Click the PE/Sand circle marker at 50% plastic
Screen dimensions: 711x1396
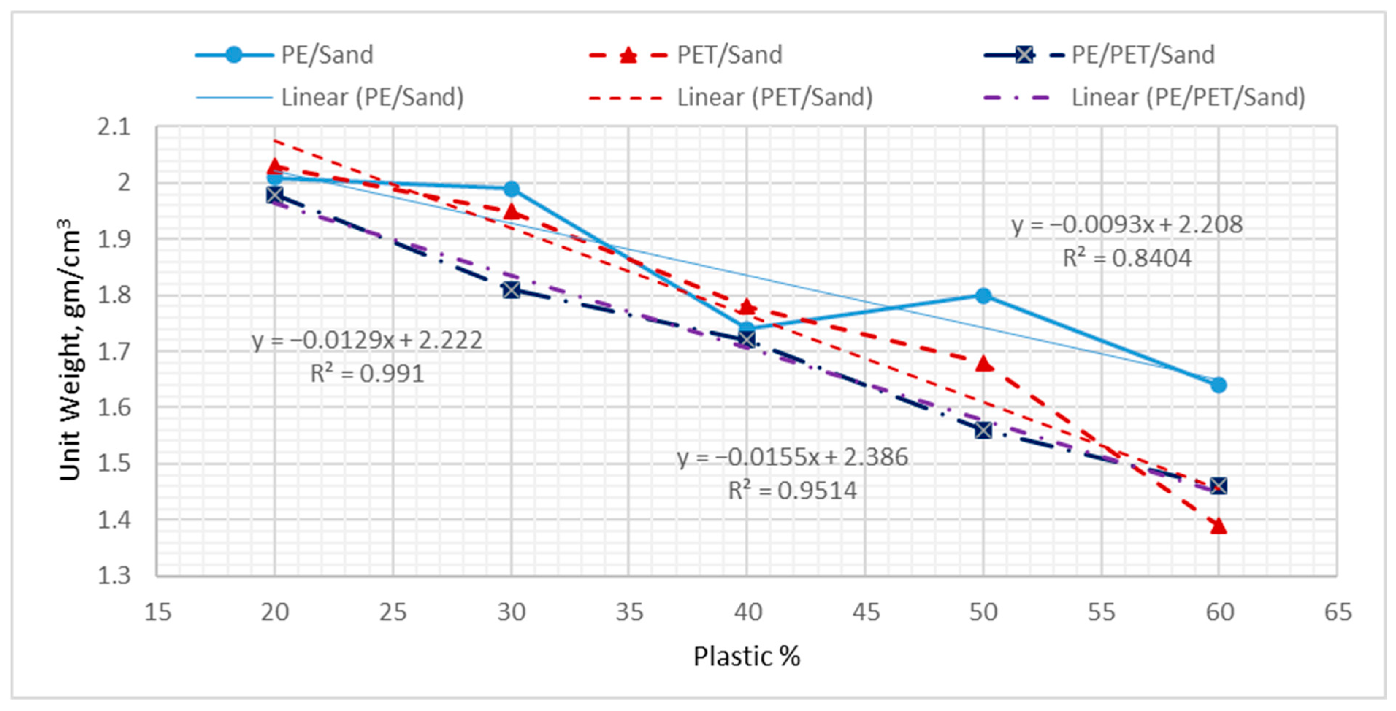pyautogui.click(x=983, y=296)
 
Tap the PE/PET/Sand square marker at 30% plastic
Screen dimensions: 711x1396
pyautogui.click(x=511, y=290)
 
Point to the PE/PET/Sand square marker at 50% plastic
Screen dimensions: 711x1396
pyautogui.click(x=983, y=430)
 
